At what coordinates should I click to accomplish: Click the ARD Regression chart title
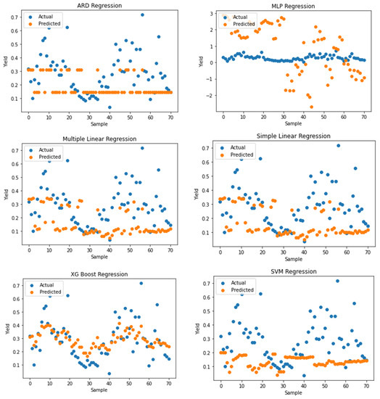point(99,5)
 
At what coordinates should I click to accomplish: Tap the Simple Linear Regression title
point(293,136)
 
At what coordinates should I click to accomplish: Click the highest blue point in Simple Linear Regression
point(338,145)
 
